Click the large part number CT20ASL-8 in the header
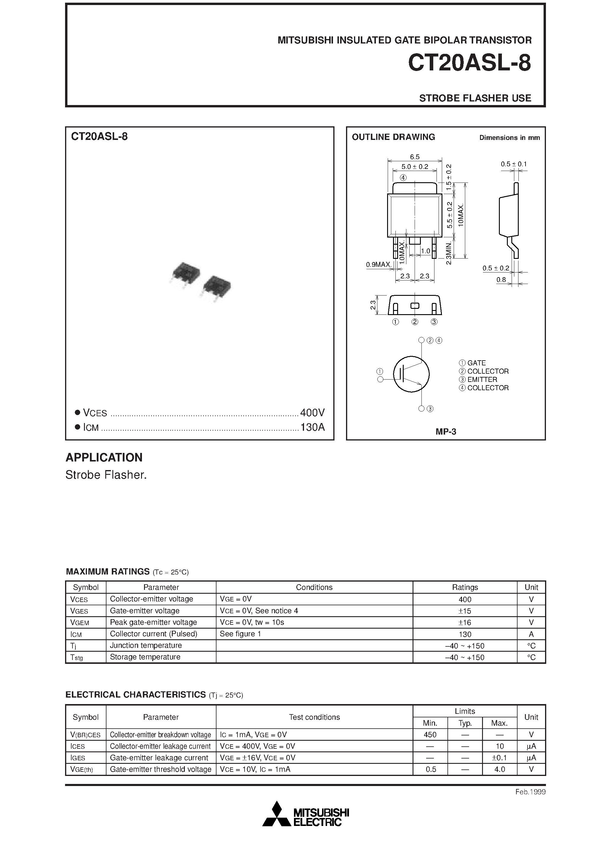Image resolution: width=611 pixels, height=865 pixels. pyautogui.click(x=469, y=63)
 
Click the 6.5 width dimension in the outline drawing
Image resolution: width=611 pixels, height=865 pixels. pyautogui.click(x=414, y=157)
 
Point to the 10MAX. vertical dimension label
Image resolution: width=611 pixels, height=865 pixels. pyautogui.click(x=461, y=215)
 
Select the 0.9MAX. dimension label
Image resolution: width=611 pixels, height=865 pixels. pyautogui.click(x=379, y=265)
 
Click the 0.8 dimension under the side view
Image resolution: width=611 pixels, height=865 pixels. pyautogui.click(x=501, y=280)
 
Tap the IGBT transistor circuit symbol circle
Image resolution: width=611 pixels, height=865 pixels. pyautogui.click(x=411, y=374)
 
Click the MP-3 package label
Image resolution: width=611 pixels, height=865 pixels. pyautogui.click(x=446, y=432)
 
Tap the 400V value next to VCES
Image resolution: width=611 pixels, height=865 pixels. pyautogui.click(x=312, y=413)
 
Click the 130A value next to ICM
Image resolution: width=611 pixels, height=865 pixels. pyautogui.click(x=312, y=427)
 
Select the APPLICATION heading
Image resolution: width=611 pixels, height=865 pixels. pyautogui.click(x=104, y=457)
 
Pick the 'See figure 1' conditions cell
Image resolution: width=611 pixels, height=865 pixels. pyautogui.click(x=240, y=634)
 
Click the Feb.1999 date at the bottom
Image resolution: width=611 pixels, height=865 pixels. pyautogui.click(x=530, y=792)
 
